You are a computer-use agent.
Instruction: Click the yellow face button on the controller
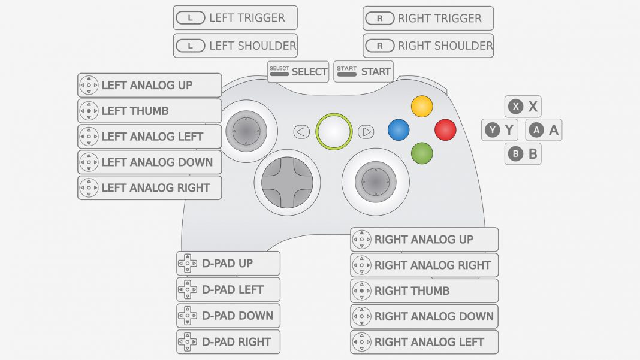click(422, 107)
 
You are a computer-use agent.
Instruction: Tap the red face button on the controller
click(445, 130)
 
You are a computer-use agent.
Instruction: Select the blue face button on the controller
click(399, 129)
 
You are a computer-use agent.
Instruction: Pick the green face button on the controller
click(422, 153)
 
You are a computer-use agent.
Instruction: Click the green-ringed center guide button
click(334, 131)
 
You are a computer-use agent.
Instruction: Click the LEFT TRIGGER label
click(236, 18)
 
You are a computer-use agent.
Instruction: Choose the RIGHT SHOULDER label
click(428, 46)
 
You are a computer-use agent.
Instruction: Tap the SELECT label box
click(298, 71)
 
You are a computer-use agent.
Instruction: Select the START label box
click(363, 71)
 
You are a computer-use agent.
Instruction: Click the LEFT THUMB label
click(150, 111)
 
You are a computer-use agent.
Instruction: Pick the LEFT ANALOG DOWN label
click(150, 162)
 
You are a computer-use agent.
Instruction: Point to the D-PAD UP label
click(228, 264)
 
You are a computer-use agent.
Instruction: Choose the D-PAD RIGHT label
click(228, 342)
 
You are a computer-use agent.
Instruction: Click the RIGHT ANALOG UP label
click(424, 240)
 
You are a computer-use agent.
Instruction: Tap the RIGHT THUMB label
click(424, 291)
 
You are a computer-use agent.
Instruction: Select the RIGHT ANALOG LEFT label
click(424, 342)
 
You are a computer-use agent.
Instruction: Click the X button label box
click(523, 107)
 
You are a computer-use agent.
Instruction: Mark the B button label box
click(523, 154)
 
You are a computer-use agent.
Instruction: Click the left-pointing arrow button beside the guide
click(301, 131)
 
